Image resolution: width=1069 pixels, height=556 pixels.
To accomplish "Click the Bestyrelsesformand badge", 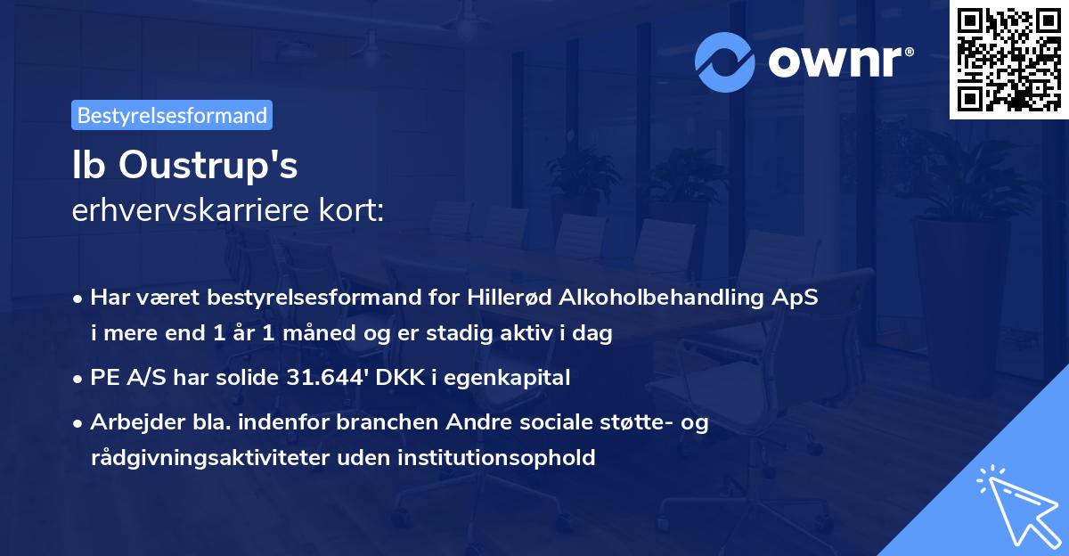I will pyautogui.click(x=172, y=115).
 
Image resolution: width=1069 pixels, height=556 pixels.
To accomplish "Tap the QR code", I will pyautogui.click(x=1008, y=59).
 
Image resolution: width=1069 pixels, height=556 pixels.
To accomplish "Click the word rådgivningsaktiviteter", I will pyautogui.click(x=211, y=458).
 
